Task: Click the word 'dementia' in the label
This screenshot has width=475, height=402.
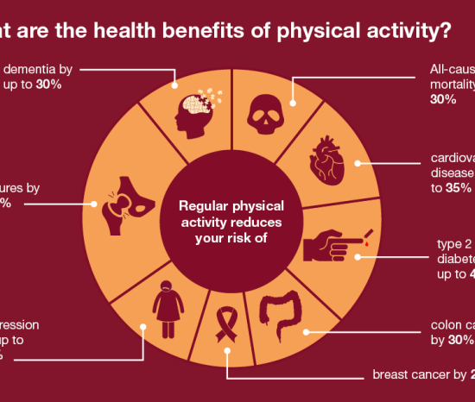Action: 35,69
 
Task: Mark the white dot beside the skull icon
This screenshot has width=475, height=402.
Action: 294,104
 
